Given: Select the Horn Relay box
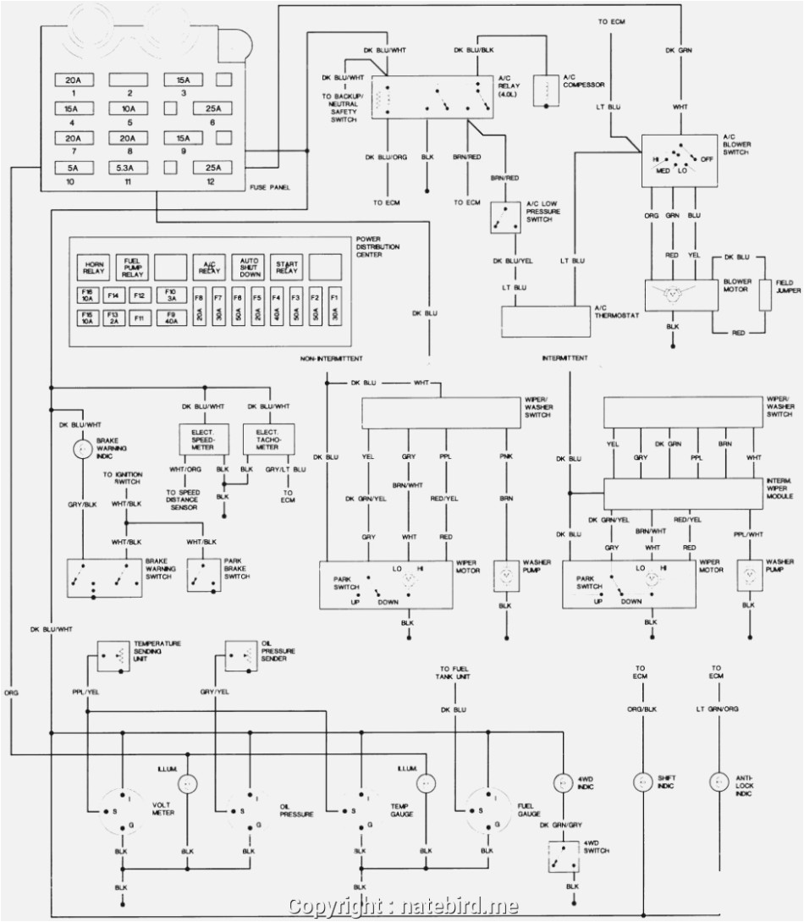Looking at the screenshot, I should click(x=91, y=268).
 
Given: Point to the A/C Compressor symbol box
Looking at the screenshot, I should click(x=546, y=91).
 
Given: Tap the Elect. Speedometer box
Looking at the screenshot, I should click(x=202, y=438).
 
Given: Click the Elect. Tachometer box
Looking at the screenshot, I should click(x=268, y=438).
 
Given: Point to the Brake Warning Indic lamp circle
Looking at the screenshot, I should click(x=82, y=450).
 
